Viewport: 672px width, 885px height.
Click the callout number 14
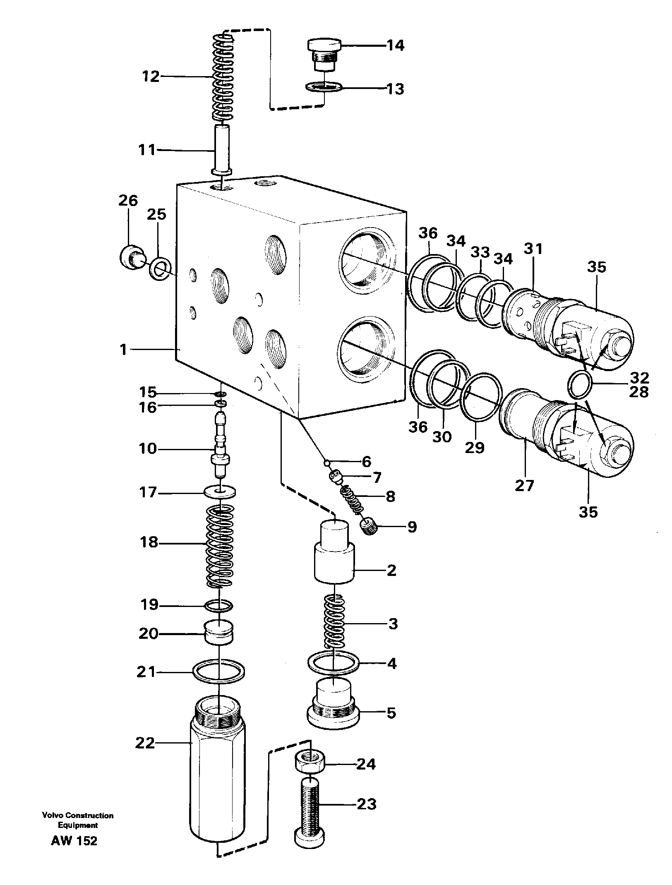point(395,45)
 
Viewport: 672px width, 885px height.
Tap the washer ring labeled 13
point(324,87)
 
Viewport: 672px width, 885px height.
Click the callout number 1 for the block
point(123,350)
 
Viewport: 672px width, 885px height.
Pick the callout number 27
point(525,485)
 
